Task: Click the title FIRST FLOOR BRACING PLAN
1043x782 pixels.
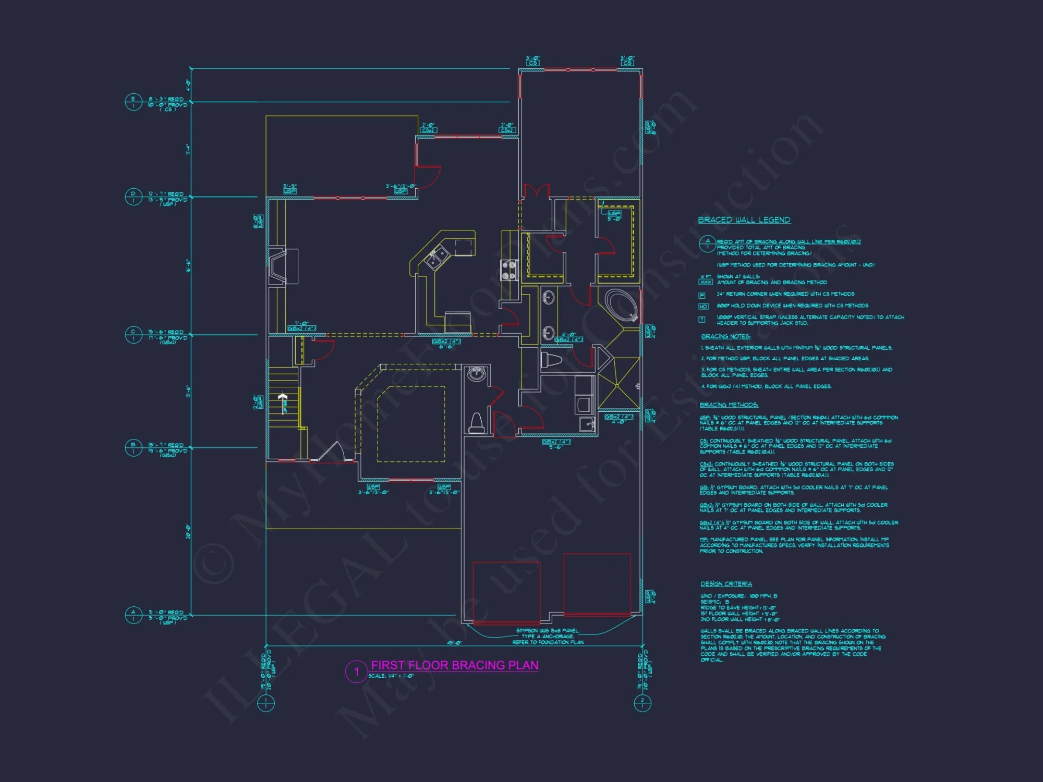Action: [454, 665]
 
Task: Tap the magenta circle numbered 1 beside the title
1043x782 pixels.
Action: [357, 671]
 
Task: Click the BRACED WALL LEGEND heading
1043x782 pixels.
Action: [744, 220]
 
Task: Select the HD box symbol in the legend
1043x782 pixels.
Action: [703, 307]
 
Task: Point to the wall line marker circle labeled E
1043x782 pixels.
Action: [134, 102]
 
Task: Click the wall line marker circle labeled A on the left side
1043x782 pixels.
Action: [134, 615]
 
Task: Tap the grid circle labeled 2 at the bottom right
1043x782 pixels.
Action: [642, 703]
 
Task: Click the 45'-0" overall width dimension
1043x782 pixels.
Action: [454, 643]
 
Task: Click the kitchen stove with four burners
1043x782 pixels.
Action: [509, 270]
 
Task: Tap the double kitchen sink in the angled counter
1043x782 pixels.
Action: [437, 257]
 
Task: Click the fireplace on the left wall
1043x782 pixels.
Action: [279, 266]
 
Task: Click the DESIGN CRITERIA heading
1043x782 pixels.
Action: [726, 584]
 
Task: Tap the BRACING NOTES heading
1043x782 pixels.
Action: [725, 336]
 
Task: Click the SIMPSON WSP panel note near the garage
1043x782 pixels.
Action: [548, 636]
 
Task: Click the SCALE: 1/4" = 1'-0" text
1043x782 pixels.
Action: [391, 676]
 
